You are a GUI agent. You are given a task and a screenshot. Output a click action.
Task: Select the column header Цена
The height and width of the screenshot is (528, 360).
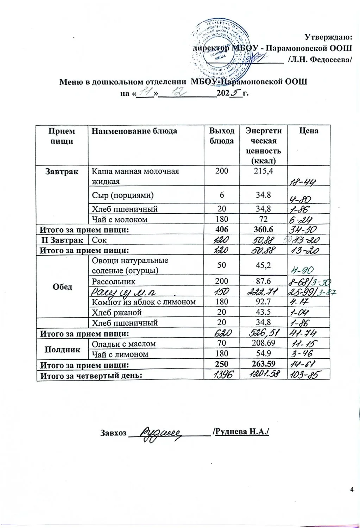[309, 131]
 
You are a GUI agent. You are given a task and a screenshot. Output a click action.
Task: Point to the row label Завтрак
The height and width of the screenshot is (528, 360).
[62, 171]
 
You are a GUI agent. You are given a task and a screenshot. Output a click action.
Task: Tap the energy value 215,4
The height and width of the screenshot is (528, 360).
[263, 171]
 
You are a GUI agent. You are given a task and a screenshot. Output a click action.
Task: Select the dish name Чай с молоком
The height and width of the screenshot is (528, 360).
[120, 219]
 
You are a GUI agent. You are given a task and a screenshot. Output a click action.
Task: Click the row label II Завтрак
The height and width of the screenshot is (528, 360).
[62, 240]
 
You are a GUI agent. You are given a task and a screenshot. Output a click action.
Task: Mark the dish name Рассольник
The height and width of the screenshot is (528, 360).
[113, 281]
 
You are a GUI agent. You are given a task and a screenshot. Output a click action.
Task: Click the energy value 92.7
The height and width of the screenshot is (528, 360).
[263, 302]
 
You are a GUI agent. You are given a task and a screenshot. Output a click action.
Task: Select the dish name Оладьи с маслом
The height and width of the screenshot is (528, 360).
[124, 344]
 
